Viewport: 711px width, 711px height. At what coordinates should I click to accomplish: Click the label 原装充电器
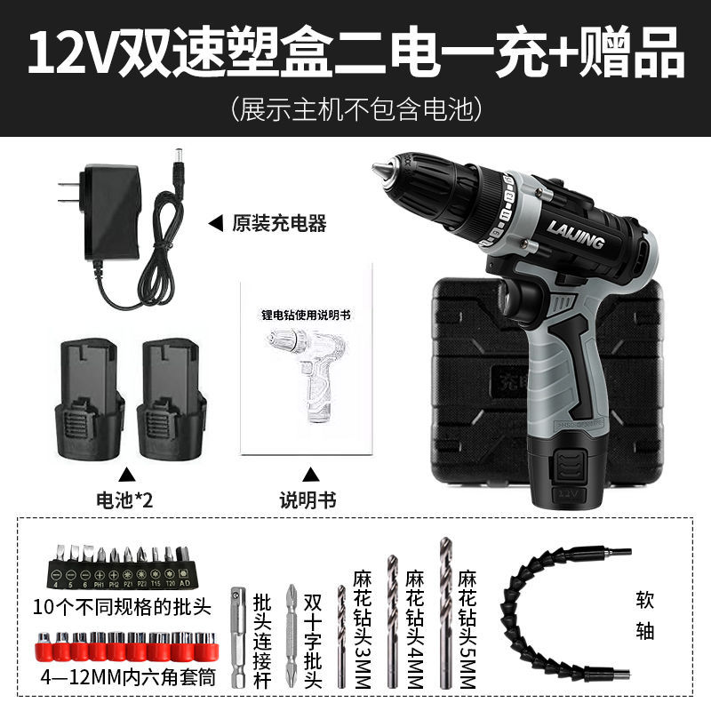tap(278, 223)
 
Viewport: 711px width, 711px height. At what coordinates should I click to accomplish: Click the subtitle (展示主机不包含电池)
tap(355, 109)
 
